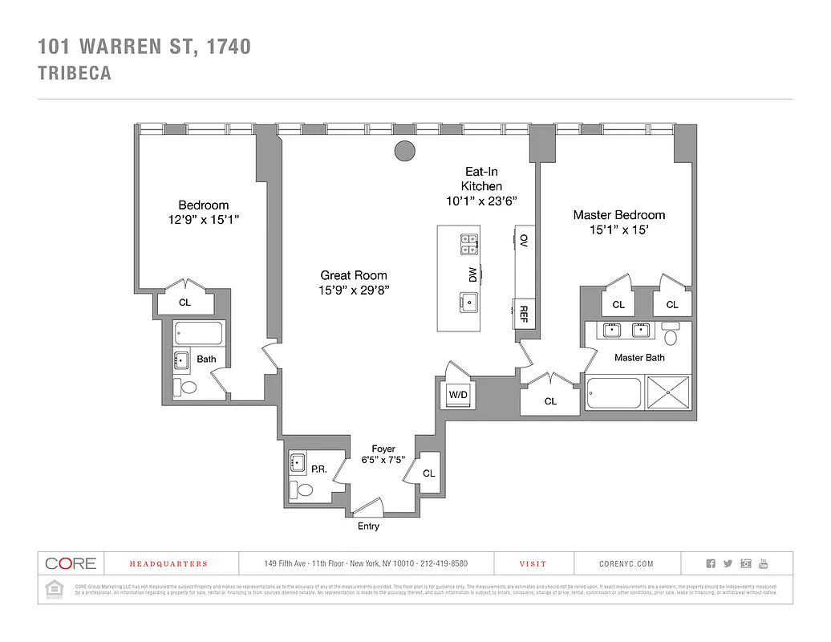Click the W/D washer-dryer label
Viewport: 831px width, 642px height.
click(x=457, y=395)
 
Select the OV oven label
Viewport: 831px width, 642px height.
click(x=524, y=240)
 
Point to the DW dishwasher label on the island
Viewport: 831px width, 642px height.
click(x=473, y=274)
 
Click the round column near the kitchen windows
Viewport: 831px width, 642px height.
click(x=405, y=150)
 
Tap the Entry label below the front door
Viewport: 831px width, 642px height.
click(x=368, y=526)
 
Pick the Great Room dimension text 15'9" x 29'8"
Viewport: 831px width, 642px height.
click(x=354, y=291)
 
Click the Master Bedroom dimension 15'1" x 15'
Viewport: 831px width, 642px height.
click(x=618, y=230)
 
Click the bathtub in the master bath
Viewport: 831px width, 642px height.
click(x=614, y=394)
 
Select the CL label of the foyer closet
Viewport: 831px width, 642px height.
click(x=428, y=473)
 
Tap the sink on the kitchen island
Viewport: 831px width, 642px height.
click(x=468, y=303)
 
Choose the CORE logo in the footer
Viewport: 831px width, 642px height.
click(x=71, y=563)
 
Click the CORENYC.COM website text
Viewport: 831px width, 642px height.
click(x=626, y=564)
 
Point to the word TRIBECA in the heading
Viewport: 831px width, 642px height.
click(x=75, y=73)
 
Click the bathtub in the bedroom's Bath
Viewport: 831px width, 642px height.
click(x=200, y=333)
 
